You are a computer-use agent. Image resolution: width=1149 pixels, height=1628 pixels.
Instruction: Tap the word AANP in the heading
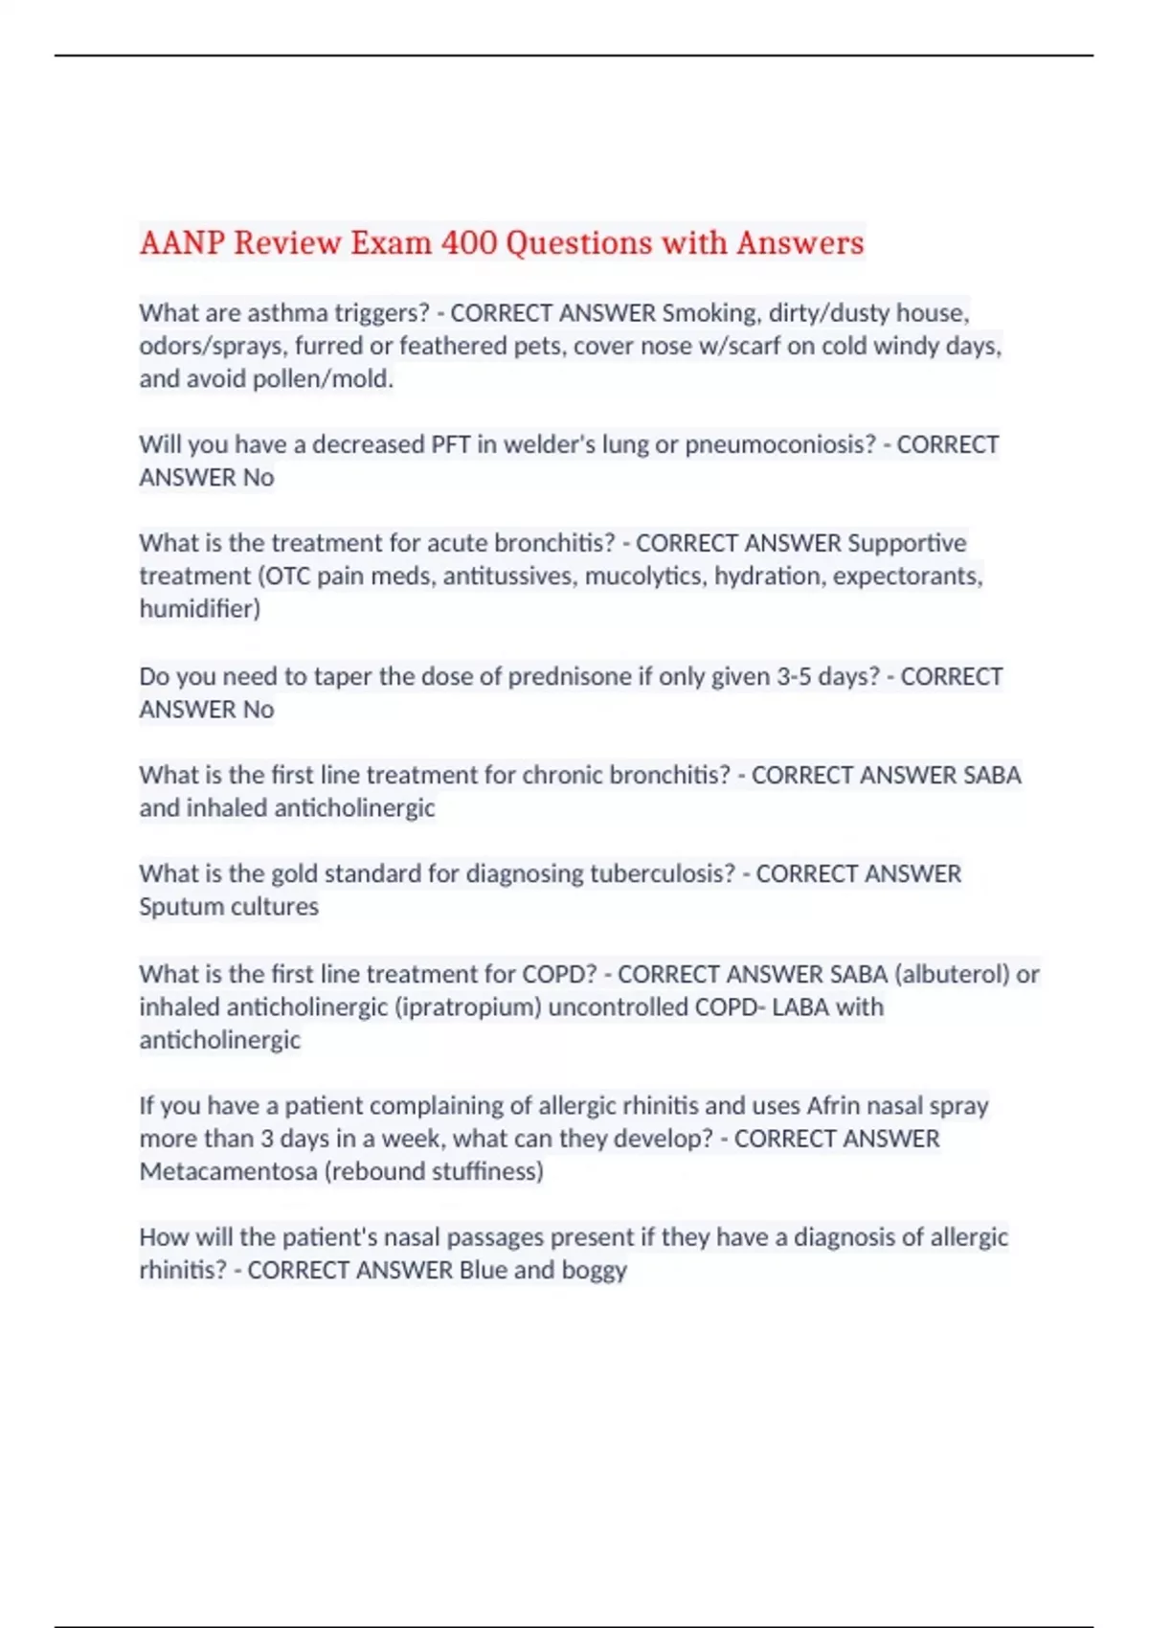point(182,243)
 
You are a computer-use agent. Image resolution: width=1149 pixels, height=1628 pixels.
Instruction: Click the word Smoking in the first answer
point(710,313)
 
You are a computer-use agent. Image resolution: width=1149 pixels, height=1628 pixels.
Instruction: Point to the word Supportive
point(907,543)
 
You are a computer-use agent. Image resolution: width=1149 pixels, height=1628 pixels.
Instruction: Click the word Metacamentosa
point(228,1171)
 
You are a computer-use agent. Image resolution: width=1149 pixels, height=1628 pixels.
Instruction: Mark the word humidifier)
point(199,609)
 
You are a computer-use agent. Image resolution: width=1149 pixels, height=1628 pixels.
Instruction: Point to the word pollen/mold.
point(323,379)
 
